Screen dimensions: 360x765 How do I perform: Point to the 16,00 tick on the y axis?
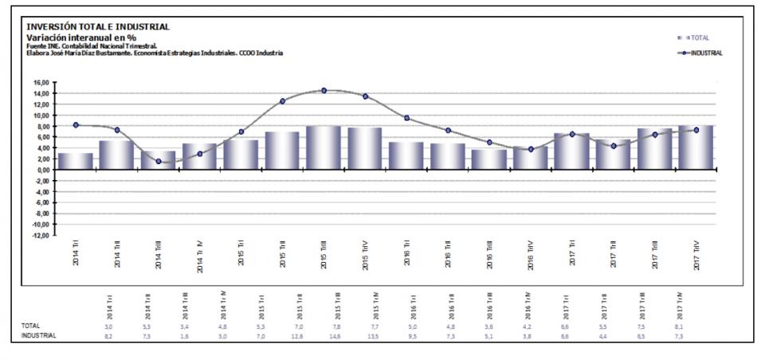coord(41,82)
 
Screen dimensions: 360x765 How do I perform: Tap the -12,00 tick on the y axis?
coord(41,235)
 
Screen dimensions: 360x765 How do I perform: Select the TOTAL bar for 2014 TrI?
coord(76,161)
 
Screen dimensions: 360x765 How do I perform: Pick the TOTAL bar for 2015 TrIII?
coord(324,148)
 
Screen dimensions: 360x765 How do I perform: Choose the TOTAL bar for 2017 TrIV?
coord(696,147)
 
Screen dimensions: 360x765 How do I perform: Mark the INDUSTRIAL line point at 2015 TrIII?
coord(324,91)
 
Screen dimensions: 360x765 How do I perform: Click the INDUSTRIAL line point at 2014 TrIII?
coord(159,162)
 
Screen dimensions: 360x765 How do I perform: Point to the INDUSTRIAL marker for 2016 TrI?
coord(406,118)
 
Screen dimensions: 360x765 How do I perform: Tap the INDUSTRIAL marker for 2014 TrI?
coord(76,125)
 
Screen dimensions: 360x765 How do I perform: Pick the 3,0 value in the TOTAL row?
coord(108,327)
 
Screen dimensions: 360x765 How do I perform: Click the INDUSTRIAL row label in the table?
coord(38,336)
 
